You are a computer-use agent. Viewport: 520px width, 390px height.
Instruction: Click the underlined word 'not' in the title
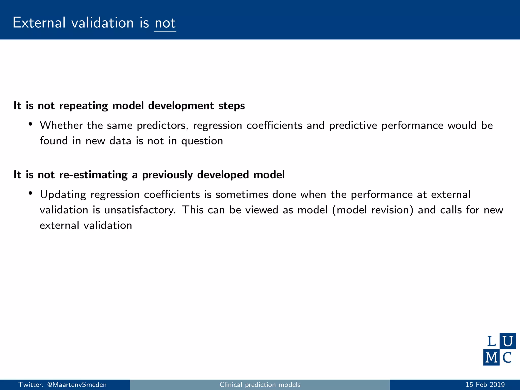165,23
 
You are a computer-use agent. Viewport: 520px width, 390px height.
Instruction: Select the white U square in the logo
508,341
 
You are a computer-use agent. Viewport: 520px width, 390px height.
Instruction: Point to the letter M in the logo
491,357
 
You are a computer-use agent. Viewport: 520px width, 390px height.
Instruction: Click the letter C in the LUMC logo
507,357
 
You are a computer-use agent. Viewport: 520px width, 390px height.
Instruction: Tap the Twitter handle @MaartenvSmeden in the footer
77,385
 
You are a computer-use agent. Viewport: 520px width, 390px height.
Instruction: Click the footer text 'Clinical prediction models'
260,385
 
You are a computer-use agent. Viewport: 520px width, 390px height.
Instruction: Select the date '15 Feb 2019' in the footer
485,385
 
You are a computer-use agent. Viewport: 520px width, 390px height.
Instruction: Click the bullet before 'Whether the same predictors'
30,124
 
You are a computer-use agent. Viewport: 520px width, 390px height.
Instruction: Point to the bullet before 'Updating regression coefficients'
30,193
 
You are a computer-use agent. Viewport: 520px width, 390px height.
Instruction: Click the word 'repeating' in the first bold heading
84,106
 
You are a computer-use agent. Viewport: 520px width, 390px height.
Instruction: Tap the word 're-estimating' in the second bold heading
93,175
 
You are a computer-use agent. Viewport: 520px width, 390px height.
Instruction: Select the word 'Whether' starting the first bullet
61,125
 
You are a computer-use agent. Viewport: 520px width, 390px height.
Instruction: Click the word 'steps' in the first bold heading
232,106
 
